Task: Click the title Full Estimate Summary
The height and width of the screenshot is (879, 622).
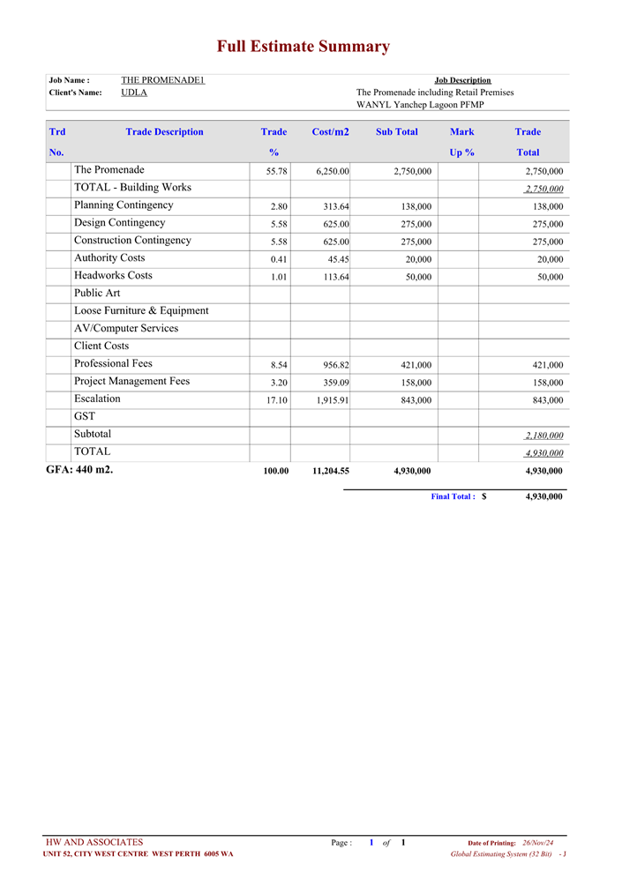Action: pos(304,47)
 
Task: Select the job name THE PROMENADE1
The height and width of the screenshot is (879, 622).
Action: pos(163,80)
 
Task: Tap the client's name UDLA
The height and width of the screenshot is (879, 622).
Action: pos(134,93)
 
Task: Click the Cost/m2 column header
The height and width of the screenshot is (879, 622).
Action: pos(330,132)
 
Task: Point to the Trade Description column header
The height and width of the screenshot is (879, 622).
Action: pos(164,132)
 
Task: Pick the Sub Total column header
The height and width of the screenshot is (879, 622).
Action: pos(397,132)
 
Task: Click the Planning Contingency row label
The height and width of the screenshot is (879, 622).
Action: pos(124,205)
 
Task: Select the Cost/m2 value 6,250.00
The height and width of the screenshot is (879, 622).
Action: pos(333,171)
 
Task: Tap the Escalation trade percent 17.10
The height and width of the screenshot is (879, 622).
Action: pos(277,400)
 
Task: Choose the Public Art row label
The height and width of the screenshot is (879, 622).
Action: pos(97,294)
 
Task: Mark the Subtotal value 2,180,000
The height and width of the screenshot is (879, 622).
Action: pos(543,436)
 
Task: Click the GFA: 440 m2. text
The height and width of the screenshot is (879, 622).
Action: pos(79,469)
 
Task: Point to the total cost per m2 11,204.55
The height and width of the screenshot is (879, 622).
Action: pos(331,471)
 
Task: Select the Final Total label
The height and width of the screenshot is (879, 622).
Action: pos(453,496)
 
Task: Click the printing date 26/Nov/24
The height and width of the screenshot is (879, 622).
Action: pos(537,844)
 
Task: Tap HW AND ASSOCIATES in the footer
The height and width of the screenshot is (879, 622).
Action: pos(94,843)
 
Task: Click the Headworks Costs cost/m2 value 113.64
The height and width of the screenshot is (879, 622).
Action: pos(336,277)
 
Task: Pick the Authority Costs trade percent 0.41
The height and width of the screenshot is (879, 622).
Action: pos(279,259)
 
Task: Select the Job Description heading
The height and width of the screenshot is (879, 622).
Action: pos(462,80)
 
